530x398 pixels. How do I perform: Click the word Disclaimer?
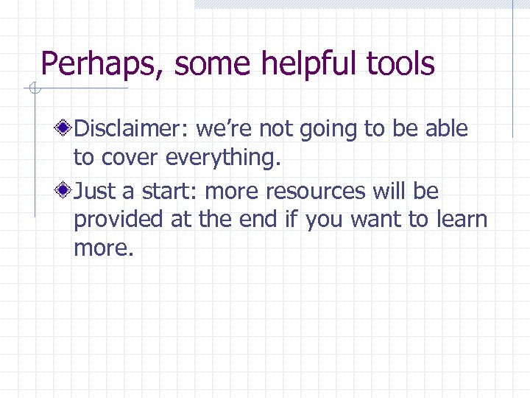[x=133, y=129]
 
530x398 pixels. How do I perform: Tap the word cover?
[x=132, y=158]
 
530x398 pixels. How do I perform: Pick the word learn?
[x=463, y=220]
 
